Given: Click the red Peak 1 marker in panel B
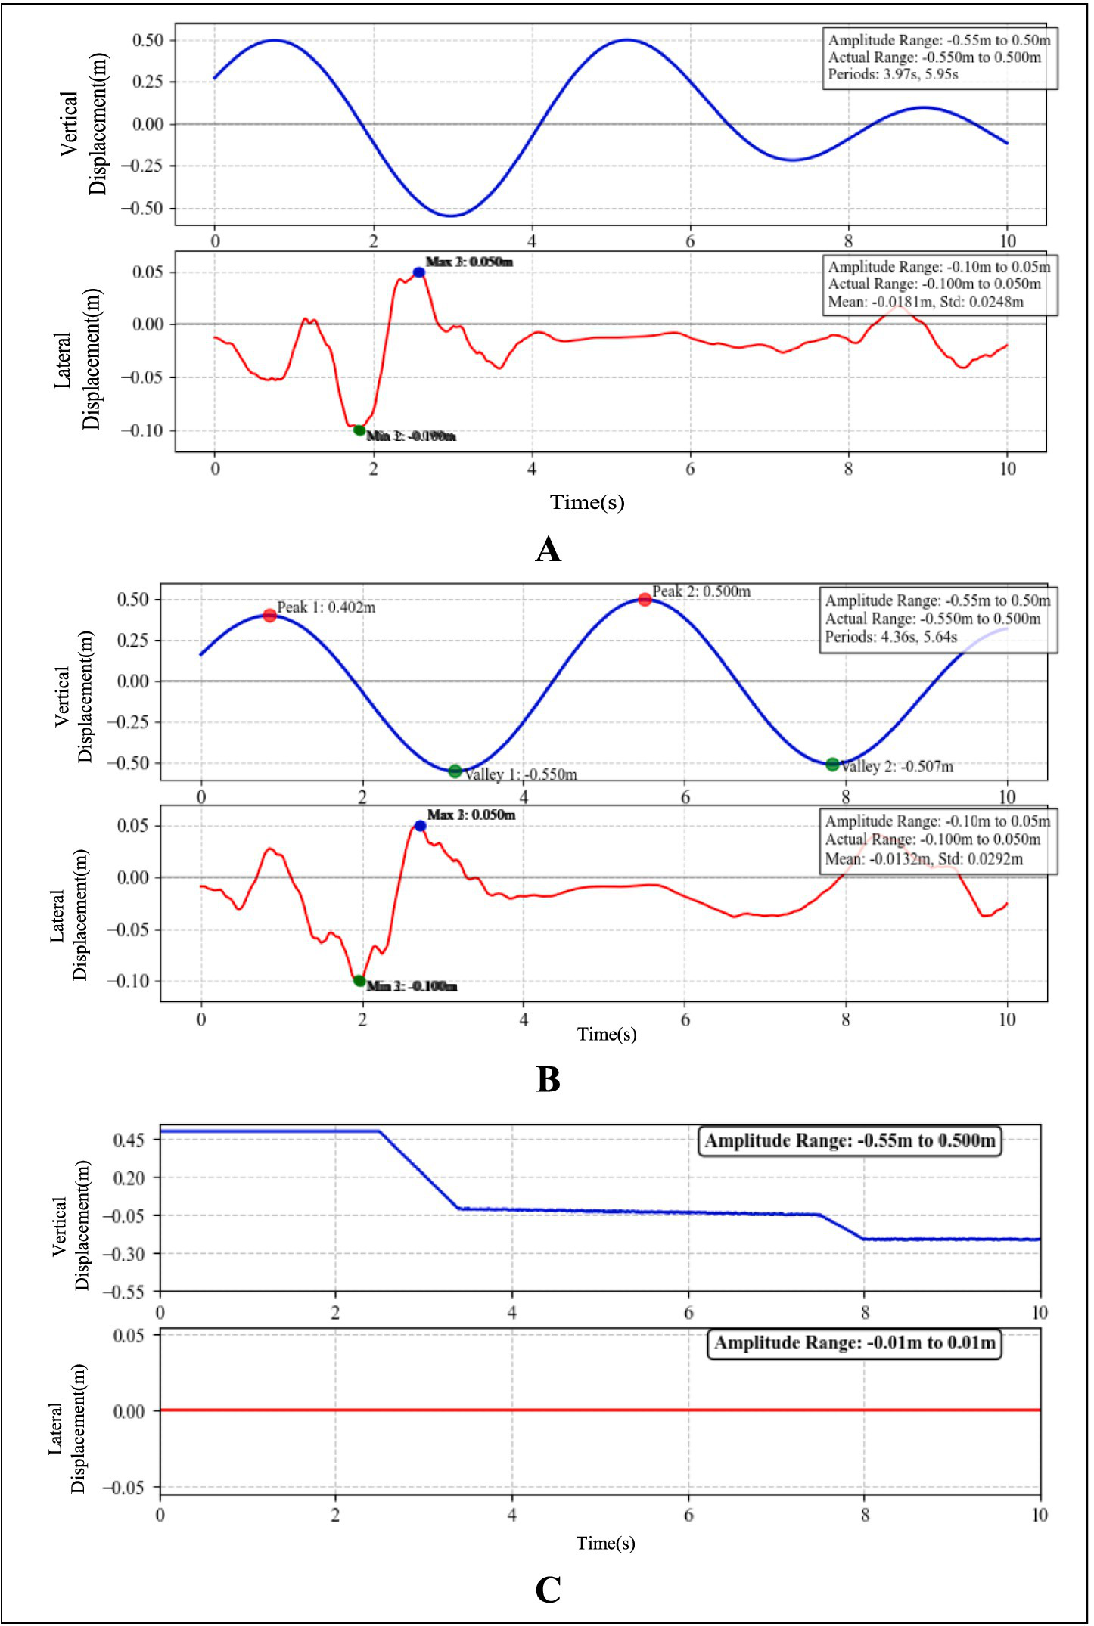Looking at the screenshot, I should [x=270, y=616].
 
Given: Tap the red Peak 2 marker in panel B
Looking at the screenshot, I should [x=645, y=600].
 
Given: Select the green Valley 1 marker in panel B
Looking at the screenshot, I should [x=455, y=771].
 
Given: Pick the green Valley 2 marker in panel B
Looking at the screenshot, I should [x=833, y=765].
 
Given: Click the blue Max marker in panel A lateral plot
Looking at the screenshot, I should [x=419, y=272].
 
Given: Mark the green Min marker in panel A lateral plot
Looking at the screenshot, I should [x=359, y=430].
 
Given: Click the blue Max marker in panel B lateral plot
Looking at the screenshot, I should [x=420, y=826].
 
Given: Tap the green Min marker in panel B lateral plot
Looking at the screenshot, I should [x=359, y=981].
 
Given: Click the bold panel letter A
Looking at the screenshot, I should [x=548, y=550].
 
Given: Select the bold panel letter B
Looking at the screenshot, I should [x=548, y=1080].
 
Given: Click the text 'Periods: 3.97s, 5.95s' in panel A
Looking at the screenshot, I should [x=893, y=74].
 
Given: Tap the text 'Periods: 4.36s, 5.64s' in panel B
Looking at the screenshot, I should [x=890, y=637].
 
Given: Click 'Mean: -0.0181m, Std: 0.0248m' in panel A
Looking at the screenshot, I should [x=925, y=302].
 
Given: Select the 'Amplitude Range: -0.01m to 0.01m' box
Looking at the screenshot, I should [x=854, y=1342].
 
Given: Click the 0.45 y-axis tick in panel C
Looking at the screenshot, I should [x=129, y=1140].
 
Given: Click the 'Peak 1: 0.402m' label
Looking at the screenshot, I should [x=326, y=607].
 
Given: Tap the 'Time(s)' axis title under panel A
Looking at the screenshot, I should [x=587, y=502].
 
